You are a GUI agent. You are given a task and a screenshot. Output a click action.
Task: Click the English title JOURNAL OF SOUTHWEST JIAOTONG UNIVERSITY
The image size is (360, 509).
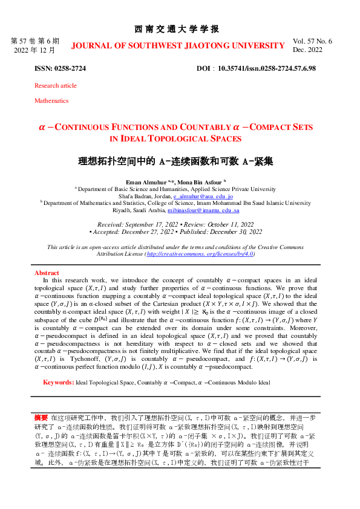tap(178, 45)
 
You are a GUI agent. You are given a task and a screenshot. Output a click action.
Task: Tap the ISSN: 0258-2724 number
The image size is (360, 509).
tap(60, 69)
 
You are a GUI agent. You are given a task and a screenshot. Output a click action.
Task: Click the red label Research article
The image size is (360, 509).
tap(56, 86)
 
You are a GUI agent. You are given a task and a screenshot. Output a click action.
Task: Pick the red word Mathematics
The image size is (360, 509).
tap(51, 101)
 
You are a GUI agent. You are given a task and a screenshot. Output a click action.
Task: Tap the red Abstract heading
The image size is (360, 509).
tap(47, 273)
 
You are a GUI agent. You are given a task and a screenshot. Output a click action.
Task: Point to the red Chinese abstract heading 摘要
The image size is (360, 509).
tap(41, 417)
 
